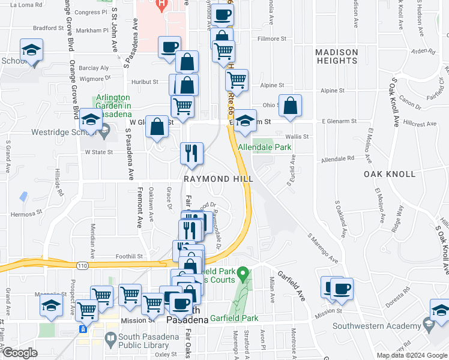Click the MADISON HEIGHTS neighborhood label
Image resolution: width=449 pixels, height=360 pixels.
[x=337, y=56]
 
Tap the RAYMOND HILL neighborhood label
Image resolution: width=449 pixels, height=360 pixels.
[x=218, y=179]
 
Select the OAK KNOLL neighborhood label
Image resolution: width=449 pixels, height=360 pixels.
[x=389, y=174]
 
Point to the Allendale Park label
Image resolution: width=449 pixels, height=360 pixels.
[x=264, y=146]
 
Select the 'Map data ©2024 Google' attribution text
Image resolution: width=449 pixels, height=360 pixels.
[x=411, y=355]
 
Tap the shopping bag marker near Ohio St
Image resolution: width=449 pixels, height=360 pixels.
[x=290, y=106]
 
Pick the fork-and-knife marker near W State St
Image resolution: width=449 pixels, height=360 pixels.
[x=192, y=154]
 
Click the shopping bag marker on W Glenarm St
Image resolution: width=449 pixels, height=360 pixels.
[x=157, y=127]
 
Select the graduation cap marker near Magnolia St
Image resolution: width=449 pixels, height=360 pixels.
[x=52, y=307]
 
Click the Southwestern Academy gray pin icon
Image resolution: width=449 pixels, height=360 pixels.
[x=428, y=326]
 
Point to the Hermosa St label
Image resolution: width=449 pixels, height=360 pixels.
[x=26, y=212]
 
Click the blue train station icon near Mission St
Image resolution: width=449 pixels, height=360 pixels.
[x=83, y=329]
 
